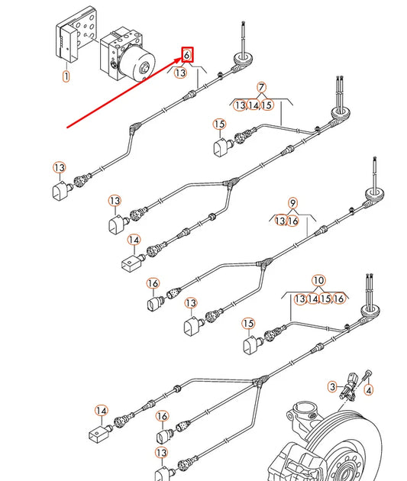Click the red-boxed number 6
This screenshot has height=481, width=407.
[187, 55]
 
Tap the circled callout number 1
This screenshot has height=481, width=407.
[66, 76]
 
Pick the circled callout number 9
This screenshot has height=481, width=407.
[292, 203]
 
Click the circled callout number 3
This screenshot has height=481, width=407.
[332, 387]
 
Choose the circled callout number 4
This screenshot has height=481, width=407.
[370, 390]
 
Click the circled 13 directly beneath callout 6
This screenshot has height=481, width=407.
[180, 73]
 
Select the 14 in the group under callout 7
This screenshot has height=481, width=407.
[254, 105]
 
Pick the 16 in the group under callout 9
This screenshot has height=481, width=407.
[292, 221]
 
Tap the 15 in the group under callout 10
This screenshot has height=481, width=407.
[326, 299]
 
